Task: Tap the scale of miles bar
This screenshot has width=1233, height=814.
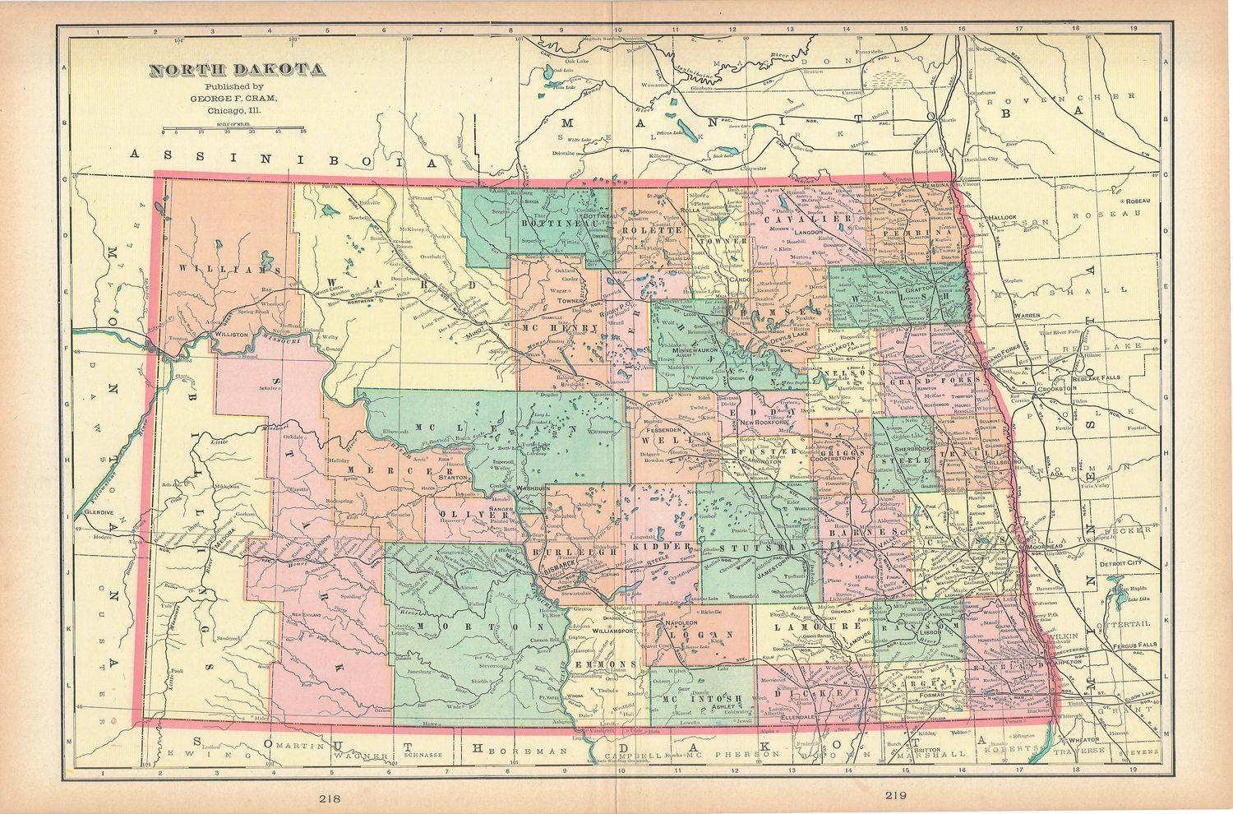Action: (234, 128)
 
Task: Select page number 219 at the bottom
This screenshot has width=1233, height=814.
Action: (898, 795)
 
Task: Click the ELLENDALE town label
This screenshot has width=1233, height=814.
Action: (795, 717)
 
